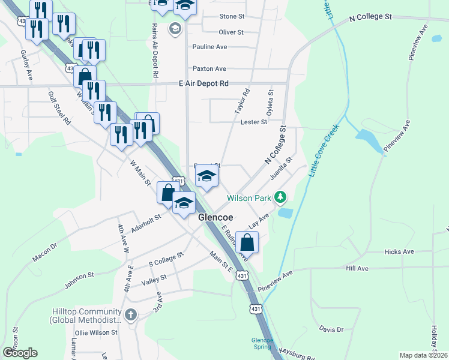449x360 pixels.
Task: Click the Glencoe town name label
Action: click(215, 218)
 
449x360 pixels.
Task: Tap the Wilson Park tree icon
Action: click(279, 197)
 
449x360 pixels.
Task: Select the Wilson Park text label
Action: click(249, 198)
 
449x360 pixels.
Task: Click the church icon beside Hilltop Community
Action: click(131, 314)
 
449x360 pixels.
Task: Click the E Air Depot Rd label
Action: click(204, 85)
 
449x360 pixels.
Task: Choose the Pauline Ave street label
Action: click(209, 47)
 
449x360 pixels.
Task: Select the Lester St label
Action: click(253, 122)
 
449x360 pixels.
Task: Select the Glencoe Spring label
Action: click(262, 344)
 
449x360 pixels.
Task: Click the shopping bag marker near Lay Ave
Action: click(247, 242)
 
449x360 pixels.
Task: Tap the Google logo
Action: click(20, 353)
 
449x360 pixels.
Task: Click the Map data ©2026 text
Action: click(423, 355)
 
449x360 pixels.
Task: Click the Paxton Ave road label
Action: click(209, 69)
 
